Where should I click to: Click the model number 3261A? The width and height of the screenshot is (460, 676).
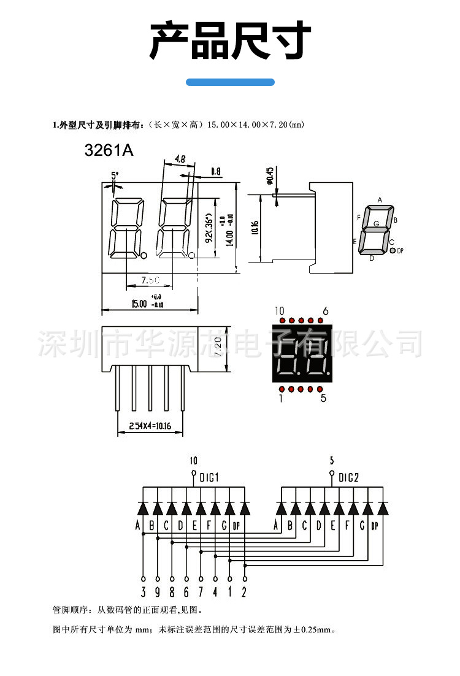[109, 150]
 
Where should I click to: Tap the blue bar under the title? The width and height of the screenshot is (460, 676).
[230, 82]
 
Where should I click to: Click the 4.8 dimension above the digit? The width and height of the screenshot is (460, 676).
[180, 159]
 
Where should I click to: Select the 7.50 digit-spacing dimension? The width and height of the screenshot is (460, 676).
[150, 280]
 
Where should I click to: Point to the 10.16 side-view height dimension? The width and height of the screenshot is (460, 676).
[255, 228]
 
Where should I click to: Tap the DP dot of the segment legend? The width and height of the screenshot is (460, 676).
[393, 250]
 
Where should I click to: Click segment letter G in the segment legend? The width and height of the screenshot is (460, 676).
[377, 224]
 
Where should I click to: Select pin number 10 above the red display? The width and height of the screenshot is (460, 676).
[280, 310]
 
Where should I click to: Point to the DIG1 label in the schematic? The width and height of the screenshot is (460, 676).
[209, 478]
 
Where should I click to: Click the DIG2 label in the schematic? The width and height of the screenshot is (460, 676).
[348, 478]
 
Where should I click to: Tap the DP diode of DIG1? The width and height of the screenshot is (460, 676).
[245, 508]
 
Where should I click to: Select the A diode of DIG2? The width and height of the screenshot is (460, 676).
[282, 508]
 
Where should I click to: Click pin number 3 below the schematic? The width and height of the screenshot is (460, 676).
[143, 593]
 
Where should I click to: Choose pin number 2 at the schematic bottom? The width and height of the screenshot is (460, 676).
[244, 593]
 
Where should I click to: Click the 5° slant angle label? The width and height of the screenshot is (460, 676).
[115, 175]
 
